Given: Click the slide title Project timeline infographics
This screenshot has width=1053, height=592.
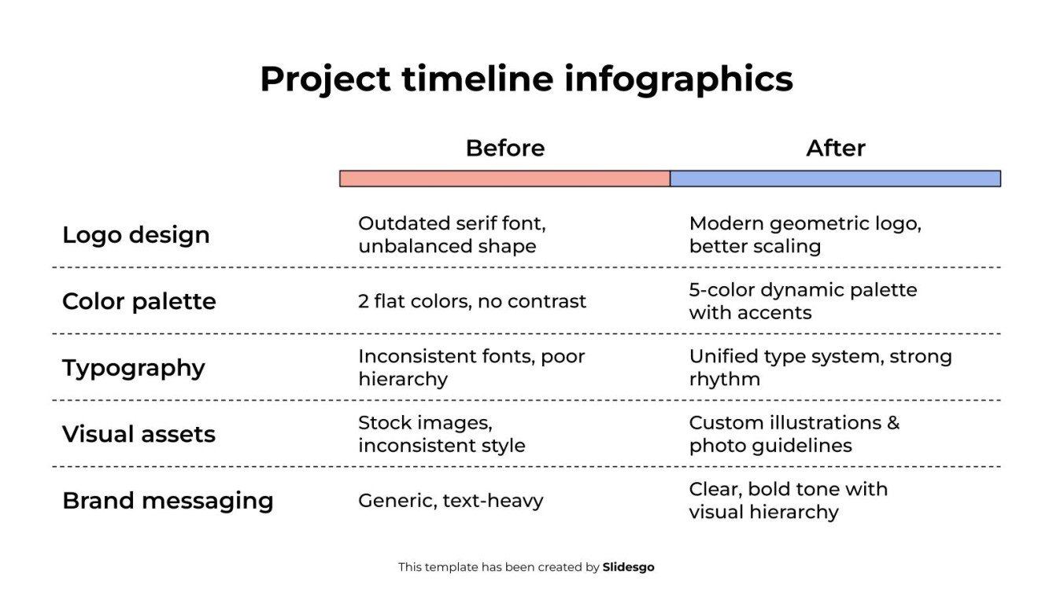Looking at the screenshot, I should pyautogui.click(x=526, y=79).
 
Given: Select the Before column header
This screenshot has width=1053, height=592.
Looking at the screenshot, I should pyautogui.click(x=504, y=148).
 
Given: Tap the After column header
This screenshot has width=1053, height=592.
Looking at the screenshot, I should pyautogui.click(x=835, y=148).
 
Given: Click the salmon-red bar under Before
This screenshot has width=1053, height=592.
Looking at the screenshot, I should pyautogui.click(x=504, y=178).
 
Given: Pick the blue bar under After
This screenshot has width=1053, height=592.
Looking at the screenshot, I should pyautogui.click(x=835, y=178).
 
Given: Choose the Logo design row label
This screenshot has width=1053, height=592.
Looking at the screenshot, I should pyautogui.click(x=135, y=234).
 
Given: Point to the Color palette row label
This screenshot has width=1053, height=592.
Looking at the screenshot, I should pyautogui.click(x=139, y=301).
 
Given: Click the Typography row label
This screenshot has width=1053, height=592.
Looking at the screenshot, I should pyautogui.click(x=133, y=368).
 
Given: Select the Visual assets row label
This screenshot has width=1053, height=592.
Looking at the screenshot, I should pyautogui.click(x=139, y=434).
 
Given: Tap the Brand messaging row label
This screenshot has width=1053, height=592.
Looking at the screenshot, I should pyautogui.click(x=168, y=501).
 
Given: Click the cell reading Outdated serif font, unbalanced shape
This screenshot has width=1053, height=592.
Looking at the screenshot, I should pyautogui.click(x=452, y=234).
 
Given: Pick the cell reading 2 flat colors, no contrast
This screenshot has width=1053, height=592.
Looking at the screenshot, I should pyautogui.click(x=471, y=301).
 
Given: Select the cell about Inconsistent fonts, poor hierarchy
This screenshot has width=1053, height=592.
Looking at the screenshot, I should pyautogui.click(x=471, y=367).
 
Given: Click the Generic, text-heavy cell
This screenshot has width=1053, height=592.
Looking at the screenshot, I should pyautogui.click(x=450, y=501).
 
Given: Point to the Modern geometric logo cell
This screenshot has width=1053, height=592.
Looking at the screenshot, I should pyautogui.click(x=804, y=234).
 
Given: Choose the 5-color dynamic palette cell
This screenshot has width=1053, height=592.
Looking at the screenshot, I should pyautogui.click(x=803, y=301).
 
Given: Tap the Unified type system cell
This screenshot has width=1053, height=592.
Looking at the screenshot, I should pyautogui.click(x=820, y=367).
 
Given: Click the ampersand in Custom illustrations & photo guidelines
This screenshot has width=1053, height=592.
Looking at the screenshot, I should pyautogui.click(x=892, y=423).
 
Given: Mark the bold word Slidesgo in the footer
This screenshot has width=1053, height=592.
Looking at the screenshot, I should pyautogui.click(x=628, y=567).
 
